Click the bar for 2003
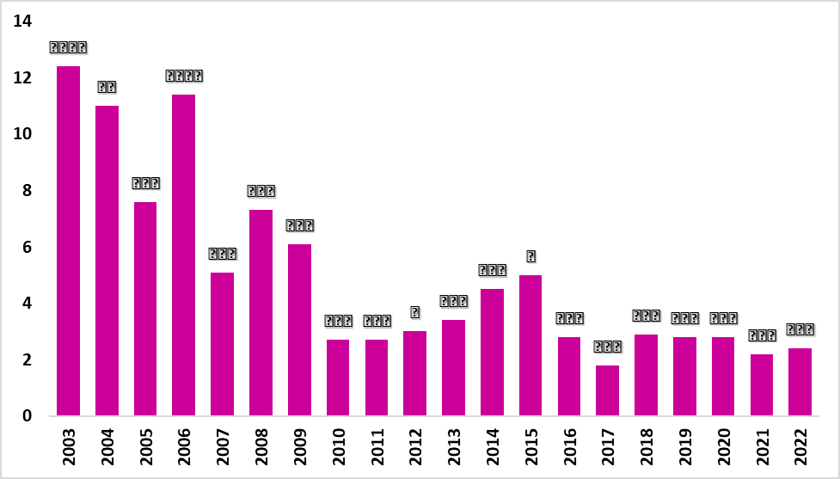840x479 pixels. (x=68, y=241)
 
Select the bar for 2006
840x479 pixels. (x=184, y=255)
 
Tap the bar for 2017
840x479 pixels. (x=608, y=390)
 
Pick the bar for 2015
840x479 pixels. (x=530, y=346)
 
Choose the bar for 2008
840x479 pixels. (x=261, y=313)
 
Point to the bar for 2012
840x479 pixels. (x=414, y=373)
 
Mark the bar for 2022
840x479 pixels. (x=800, y=382)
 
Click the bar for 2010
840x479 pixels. (x=338, y=378)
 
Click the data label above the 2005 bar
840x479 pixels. (x=145, y=183)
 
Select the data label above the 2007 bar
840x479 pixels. (x=223, y=254)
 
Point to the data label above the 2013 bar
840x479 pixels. (x=453, y=301)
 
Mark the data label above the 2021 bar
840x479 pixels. (x=762, y=335)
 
